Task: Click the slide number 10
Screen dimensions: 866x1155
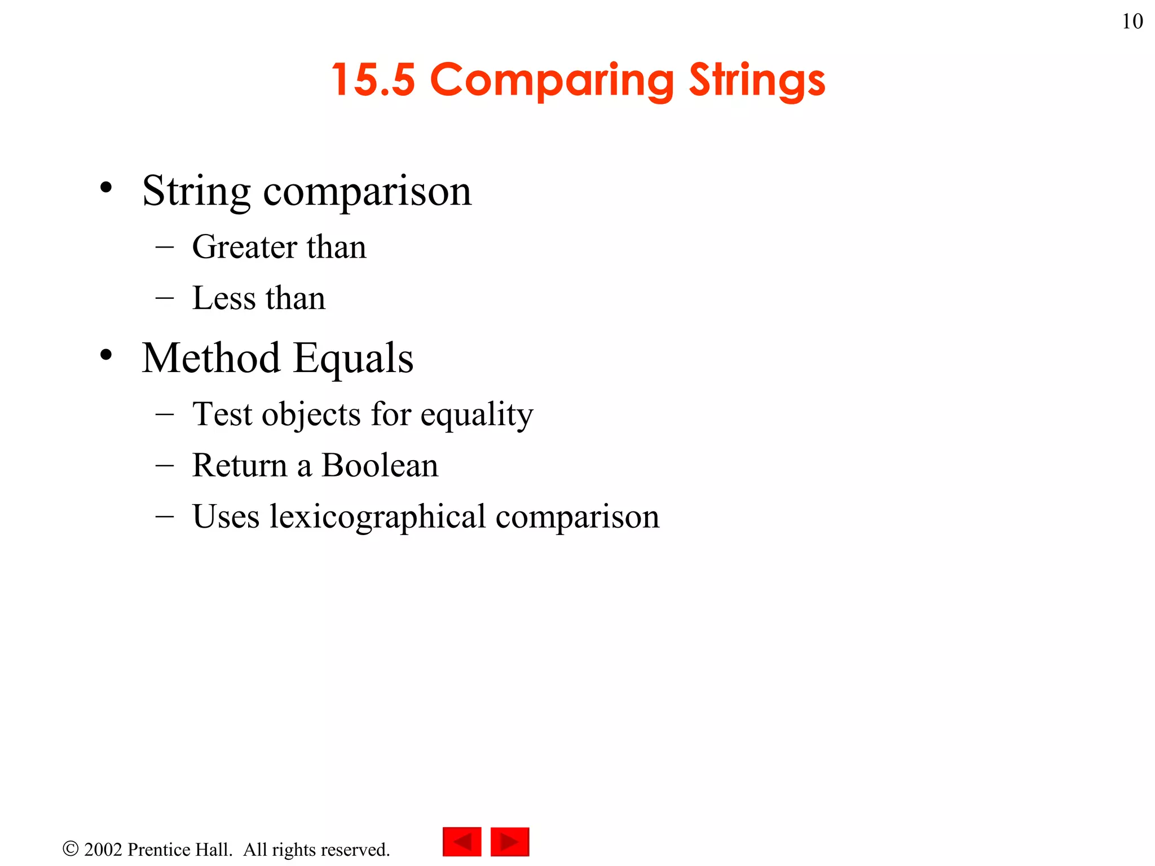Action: pyautogui.click(x=1132, y=21)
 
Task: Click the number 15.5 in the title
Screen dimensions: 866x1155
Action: pyautogui.click(x=373, y=79)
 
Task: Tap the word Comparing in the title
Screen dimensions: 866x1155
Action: pyautogui.click(x=552, y=81)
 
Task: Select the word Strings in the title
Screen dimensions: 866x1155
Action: pyautogui.click(x=757, y=81)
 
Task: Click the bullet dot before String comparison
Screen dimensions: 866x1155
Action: pyautogui.click(x=106, y=187)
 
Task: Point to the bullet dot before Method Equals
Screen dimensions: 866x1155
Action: pyautogui.click(x=106, y=355)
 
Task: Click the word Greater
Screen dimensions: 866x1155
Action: pyautogui.click(x=245, y=247)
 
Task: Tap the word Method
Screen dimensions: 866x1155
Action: pyautogui.click(x=211, y=358)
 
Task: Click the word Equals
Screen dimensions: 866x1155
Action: pyautogui.click(x=354, y=359)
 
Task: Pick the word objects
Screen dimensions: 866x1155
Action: pyautogui.click(x=311, y=415)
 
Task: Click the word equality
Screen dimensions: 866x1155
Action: pyautogui.click(x=477, y=416)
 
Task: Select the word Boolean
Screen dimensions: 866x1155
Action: pyautogui.click(x=380, y=466)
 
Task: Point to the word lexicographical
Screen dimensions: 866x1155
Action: pyautogui.click(x=377, y=517)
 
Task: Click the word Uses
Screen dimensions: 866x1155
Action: pyautogui.click(x=226, y=516)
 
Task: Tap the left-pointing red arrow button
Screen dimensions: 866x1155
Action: pyautogui.click(x=462, y=842)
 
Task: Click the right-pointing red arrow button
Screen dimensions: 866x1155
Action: pyautogui.click(x=510, y=842)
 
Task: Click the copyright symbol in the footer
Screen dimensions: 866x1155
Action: pyautogui.click(x=70, y=849)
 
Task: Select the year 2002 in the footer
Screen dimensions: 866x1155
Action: pyautogui.click(x=103, y=850)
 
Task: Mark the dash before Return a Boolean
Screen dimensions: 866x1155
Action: pyautogui.click(x=164, y=466)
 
